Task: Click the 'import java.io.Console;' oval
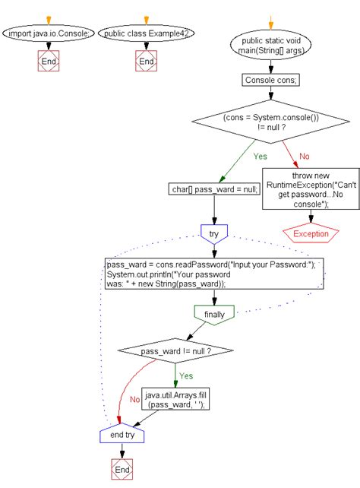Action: coord(49,33)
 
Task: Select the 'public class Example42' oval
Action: coord(147,33)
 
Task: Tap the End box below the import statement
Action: coord(49,62)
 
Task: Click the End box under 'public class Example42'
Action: coord(147,62)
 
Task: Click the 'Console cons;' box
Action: coord(270,79)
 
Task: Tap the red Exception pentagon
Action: coord(311,233)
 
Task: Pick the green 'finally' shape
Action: coord(215,314)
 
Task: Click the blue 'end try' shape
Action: coord(122,435)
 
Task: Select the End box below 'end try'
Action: coord(122,469)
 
